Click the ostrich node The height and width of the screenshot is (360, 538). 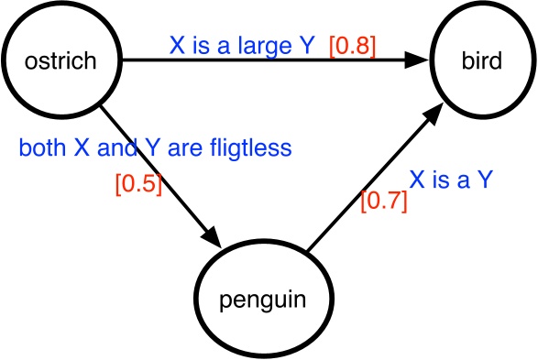tap(61, 61)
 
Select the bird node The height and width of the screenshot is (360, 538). tap(481, 61)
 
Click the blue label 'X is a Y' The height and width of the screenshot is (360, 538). tap(451, 180)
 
